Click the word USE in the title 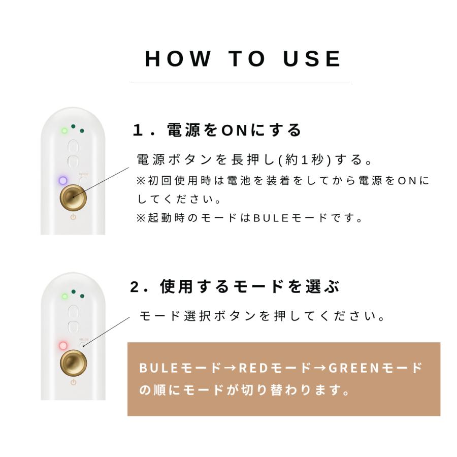point(312,59)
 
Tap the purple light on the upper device point(63,180)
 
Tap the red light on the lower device point(63,346)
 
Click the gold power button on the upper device point(73,197)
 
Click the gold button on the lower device point(73,363)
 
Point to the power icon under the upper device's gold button point(73,217)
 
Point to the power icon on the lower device point(73,382)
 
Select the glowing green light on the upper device point(64,130)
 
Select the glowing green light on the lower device point(64,296)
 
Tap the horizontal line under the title point(240,82)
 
